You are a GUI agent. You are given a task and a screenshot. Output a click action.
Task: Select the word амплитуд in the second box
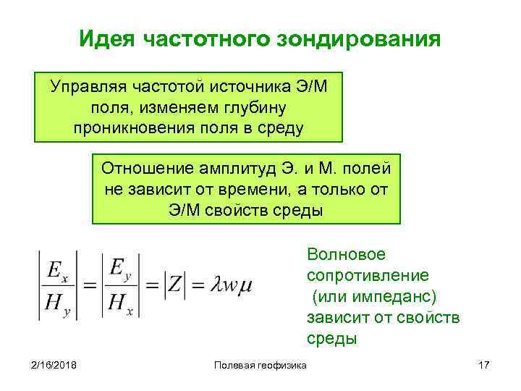tap(234, 169)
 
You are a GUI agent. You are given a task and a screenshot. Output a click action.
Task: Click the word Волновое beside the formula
tap(347, 255)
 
